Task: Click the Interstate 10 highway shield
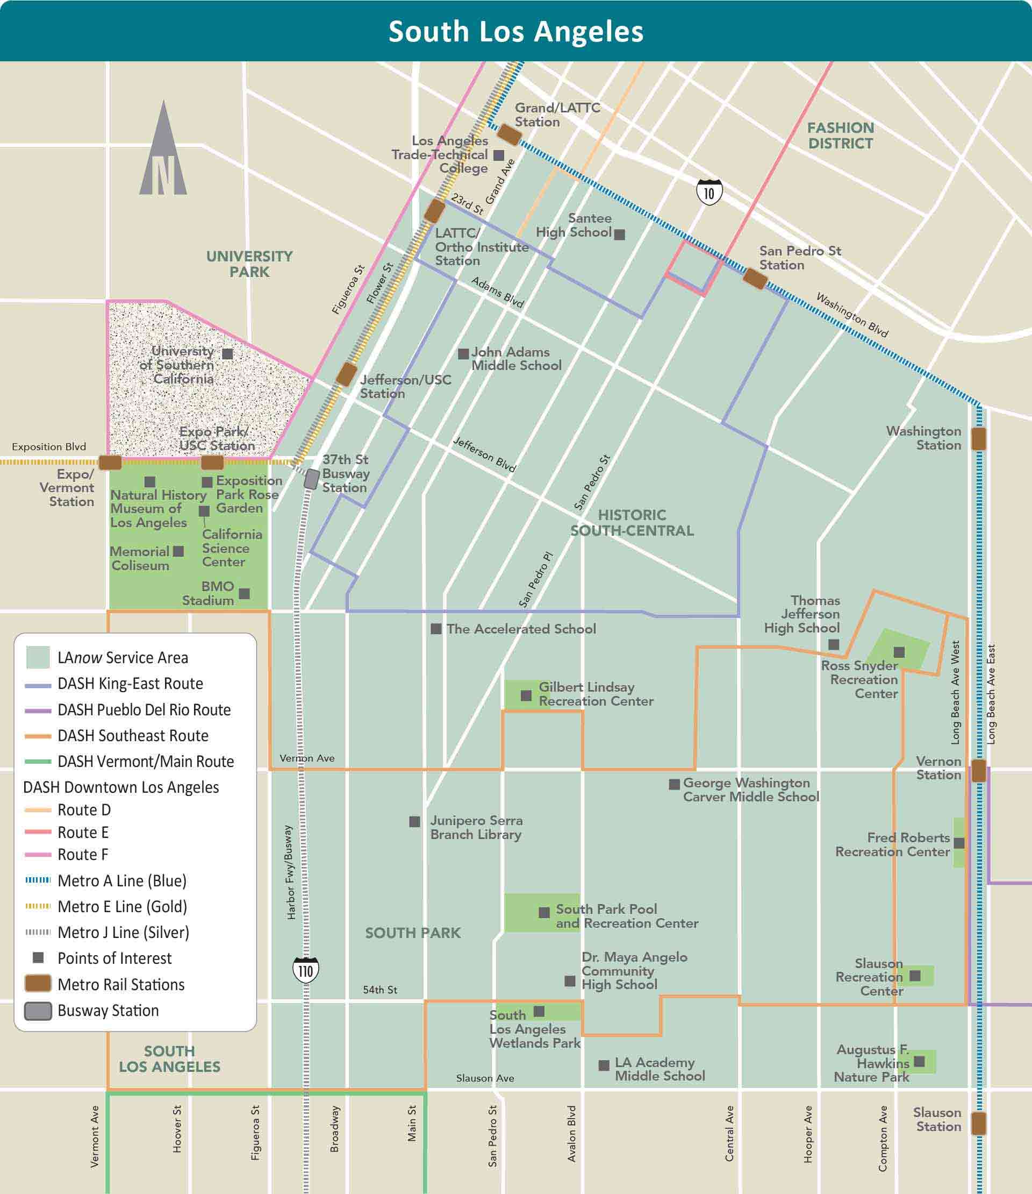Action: click(709, 193)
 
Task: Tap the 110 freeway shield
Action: click(305, 970)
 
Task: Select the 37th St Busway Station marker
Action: click(312, 479)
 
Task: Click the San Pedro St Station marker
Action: click(755, 279)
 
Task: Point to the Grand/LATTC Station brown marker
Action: click(509, 135)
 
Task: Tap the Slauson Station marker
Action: click(978, 1123)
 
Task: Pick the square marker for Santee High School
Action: click(620, 234)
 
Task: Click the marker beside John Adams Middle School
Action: click(463, 353)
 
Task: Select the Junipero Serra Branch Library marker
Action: click(414, 822)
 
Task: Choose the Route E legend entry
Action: click(83, 832)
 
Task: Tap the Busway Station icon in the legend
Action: click(38, 1011)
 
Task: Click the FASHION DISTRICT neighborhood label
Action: click(840, 136)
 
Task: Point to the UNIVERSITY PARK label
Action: click(249, 264)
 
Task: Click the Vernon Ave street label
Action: click(307, 758)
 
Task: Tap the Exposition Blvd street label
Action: click(49, 446)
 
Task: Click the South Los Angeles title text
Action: click(515, 31)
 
